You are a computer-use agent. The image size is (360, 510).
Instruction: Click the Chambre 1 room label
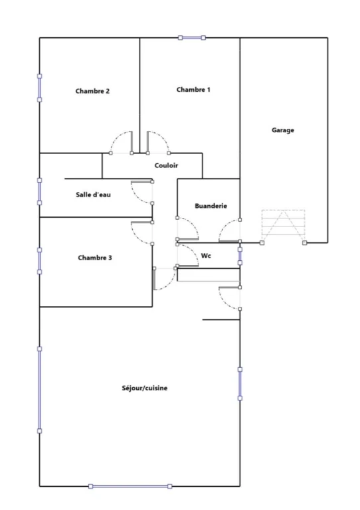tap(193, 90)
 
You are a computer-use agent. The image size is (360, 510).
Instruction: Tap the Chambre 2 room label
tap(92, 91)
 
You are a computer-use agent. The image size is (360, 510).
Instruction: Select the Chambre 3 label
tap(94, 258)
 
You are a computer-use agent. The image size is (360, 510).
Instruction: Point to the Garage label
tap(282, 130)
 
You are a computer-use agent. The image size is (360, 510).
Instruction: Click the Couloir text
tap(166, 165)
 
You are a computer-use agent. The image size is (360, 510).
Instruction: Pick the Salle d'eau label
tap(93, 195)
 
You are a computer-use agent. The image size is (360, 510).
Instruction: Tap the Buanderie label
tap(211, 206)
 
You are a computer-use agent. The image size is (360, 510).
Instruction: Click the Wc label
tap(206, 256)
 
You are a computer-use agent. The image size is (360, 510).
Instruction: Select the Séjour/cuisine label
tap(144, 388)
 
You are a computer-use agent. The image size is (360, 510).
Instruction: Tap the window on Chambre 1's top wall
tap(192, 38)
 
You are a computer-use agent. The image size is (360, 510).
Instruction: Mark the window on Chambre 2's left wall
tap(40, 88)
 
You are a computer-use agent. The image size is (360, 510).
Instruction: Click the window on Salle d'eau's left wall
tap(40, 191)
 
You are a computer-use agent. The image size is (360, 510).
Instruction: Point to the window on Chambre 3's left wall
tap(40, 261)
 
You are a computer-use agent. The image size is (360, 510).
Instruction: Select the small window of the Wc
tap(240, 256)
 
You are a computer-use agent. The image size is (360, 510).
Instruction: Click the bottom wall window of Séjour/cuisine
tap(130, 486)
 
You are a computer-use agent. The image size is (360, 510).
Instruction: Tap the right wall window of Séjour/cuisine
tap(240, 384)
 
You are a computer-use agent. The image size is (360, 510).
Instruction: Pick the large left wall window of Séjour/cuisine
tap(40, 390)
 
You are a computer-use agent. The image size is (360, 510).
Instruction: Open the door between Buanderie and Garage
tap(229, 231)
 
